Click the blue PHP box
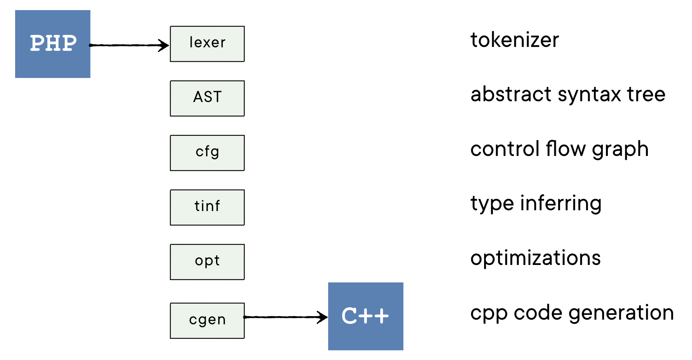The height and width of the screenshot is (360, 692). click(53, 44)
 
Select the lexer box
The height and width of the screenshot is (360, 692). click(207, 44)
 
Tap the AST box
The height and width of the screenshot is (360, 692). click(207, 98)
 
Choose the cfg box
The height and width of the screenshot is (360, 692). click(207, 153)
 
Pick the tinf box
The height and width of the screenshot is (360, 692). click(207, 207)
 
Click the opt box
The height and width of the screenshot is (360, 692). click(207, 262)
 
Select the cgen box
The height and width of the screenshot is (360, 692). click(207, 320)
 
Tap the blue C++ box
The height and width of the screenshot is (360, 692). click(365, 316)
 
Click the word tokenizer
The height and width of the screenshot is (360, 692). click(514, 40)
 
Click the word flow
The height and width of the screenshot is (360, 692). click(565, 149)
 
